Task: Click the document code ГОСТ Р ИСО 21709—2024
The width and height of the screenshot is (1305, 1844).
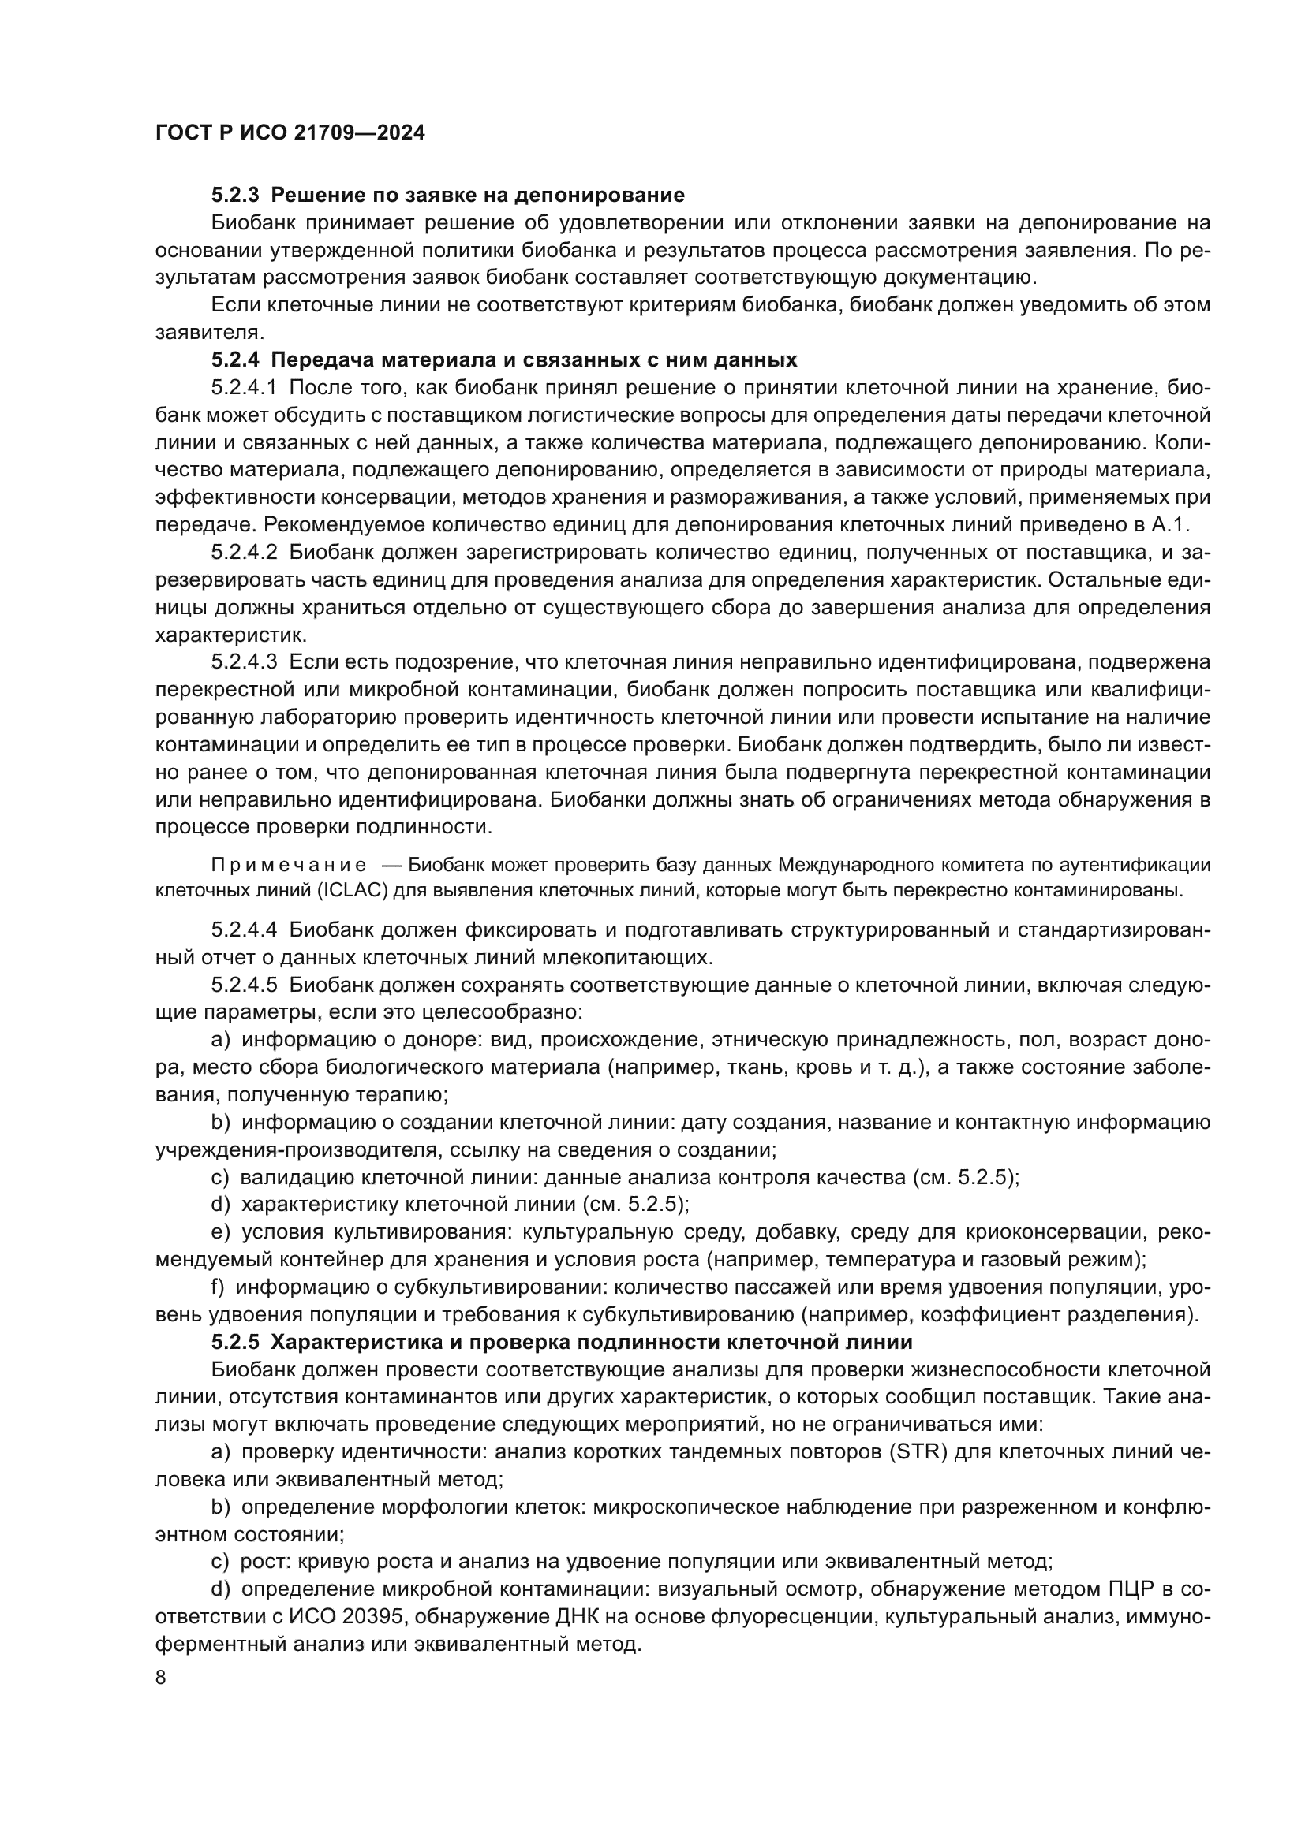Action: click(x=290, y=133)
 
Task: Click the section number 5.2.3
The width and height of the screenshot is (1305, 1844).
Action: click(x=234, y=196)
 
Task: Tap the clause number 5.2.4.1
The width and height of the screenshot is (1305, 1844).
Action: click(x=244, y=388)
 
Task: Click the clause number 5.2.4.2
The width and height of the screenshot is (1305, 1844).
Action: click(x=244, y=553)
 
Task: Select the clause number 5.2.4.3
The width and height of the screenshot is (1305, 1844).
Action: click(x=244, y=662)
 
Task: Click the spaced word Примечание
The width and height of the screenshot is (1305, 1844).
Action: click(x=289, y=865)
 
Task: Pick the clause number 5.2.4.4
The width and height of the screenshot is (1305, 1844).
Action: click(x=244, y=930)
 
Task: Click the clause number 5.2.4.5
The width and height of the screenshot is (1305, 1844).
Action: click(x=244, y=985)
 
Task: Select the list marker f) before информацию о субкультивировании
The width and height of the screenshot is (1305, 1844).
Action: click(x=218, y=1287)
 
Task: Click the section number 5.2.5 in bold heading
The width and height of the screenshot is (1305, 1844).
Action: click(x=234, y=1342)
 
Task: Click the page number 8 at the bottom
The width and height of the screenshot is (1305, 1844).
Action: click(x=161, y=1678)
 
